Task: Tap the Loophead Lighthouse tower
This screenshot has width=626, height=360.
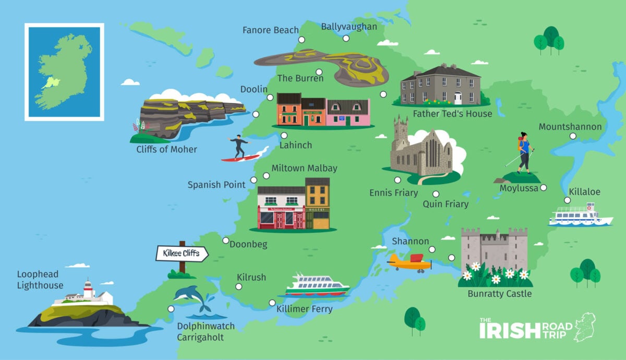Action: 88,290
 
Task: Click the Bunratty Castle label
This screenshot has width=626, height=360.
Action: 500,294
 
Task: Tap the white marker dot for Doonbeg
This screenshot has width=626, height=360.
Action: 225,241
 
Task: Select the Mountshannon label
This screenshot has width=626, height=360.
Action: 570,127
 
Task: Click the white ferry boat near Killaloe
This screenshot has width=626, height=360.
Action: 580,215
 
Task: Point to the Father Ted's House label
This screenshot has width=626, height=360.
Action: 452,114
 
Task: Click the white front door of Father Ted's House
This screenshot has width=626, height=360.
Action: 458,98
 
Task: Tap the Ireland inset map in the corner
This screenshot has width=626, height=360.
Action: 64,71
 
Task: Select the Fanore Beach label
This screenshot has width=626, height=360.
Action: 271,30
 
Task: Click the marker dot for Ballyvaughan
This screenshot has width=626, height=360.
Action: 345,38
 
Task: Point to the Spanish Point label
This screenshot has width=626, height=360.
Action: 216,185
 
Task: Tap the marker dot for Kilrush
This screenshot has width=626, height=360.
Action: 238,286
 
